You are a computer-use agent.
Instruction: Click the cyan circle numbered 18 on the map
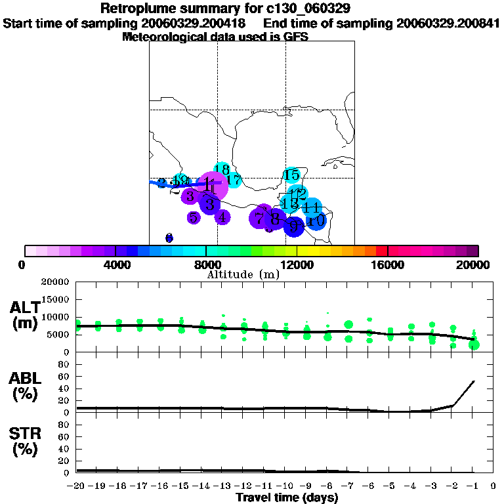pos(222,169)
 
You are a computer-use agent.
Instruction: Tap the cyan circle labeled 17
pos(234,180)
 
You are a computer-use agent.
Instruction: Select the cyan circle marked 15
pos(291,175)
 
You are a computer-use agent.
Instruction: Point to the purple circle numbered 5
pos(194,217)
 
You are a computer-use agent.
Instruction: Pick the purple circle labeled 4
pos(222,217)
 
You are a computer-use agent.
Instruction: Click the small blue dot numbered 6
pos(169,238)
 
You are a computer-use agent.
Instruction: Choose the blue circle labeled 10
pos(316,221)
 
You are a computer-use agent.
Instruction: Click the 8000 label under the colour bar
pos(206,265)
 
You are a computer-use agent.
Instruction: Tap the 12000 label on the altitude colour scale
pos(297,265)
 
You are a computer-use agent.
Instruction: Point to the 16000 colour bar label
pos(387,265)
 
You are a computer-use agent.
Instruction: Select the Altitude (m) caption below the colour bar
pos(243,275)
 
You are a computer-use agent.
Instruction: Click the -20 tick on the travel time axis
pos(77,486)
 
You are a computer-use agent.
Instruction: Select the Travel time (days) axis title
pos(287,497)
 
